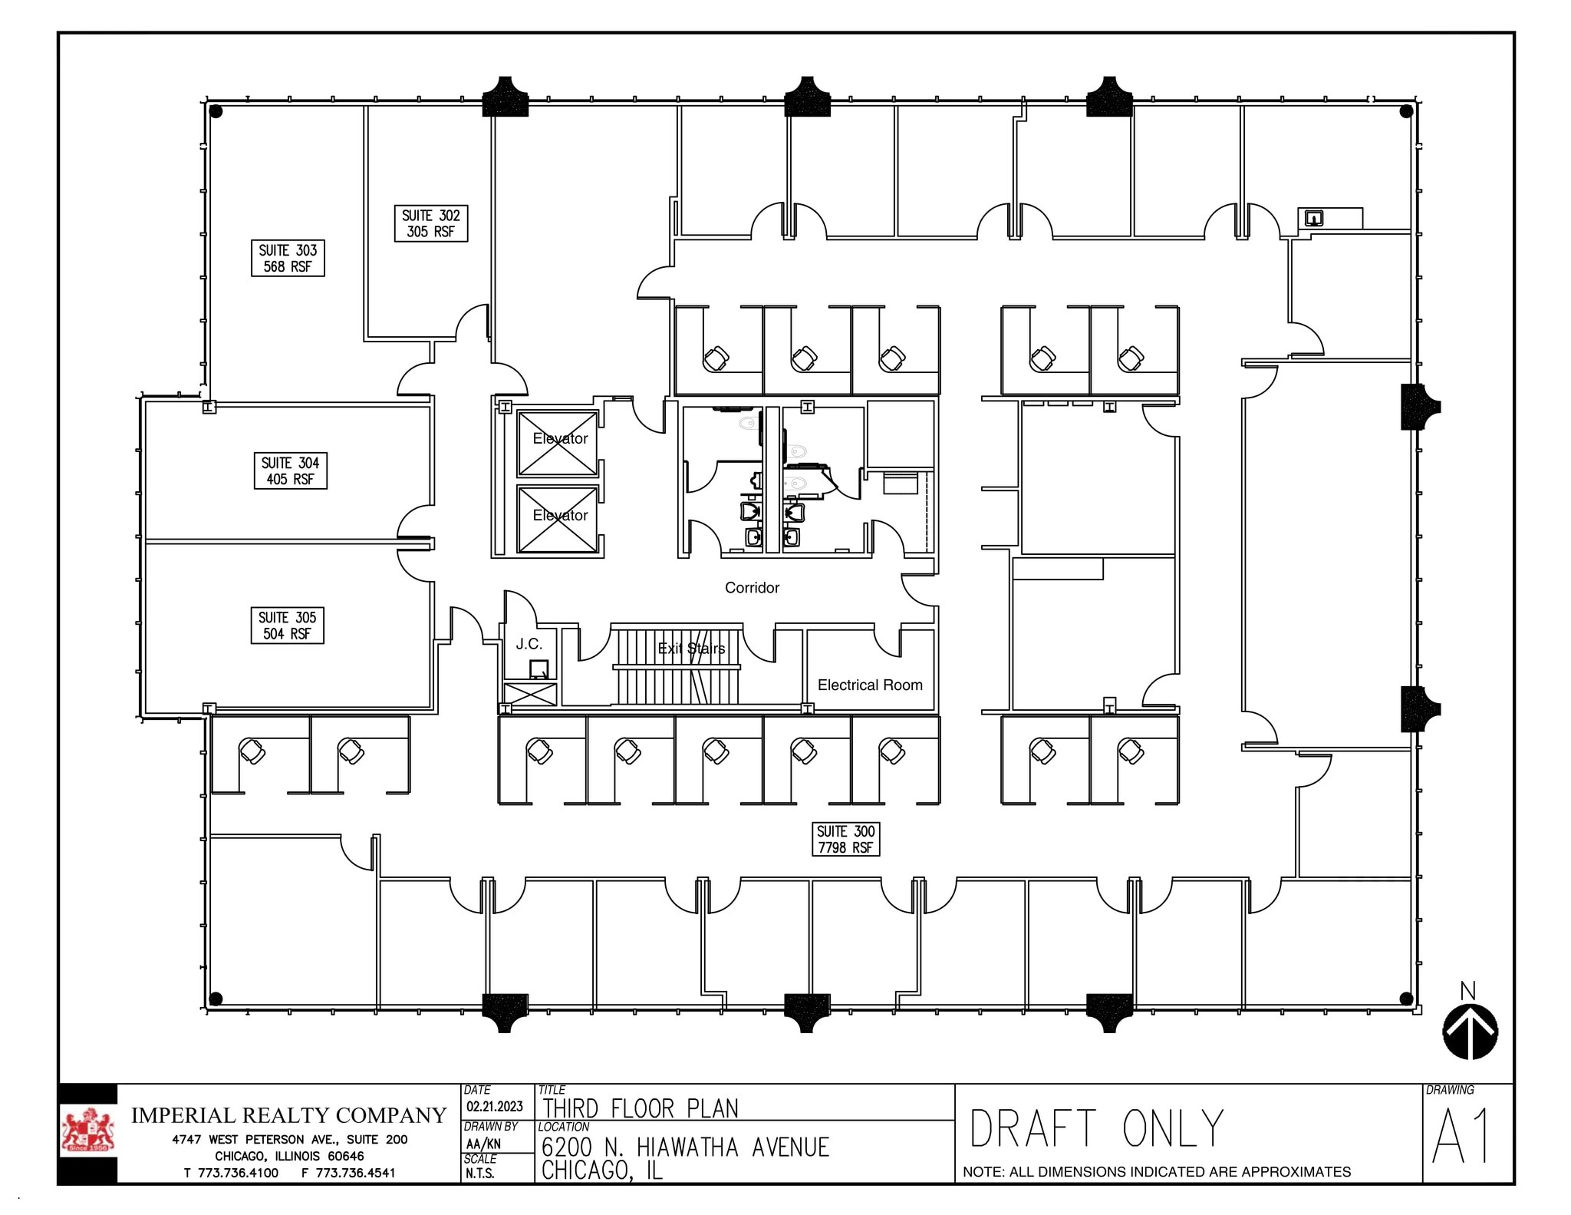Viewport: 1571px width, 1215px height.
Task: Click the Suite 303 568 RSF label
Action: click(288, 258)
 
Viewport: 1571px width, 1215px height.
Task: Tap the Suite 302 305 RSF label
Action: click(431, 223)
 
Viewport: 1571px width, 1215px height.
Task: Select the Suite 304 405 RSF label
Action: click(291, 470)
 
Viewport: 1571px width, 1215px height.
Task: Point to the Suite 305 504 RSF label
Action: click(288, 625)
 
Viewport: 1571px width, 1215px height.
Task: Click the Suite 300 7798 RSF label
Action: click(845, 839)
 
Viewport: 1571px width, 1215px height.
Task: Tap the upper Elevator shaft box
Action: click(558, 443)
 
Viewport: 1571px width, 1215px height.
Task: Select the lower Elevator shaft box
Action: click(558, 519)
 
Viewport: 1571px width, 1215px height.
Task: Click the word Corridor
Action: click(752, 587)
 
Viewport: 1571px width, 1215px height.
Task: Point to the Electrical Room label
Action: click(870, 685)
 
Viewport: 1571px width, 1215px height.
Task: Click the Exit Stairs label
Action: click(691, 649)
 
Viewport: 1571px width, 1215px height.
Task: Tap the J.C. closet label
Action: click(529, 643)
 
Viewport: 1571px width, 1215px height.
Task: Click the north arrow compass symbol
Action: click(1470, 1031)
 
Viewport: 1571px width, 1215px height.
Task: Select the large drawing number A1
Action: click(1461, 1137)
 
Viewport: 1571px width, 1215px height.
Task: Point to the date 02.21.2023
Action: click(495, 1106)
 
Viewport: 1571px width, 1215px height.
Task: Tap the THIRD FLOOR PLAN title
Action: click(641, 1108)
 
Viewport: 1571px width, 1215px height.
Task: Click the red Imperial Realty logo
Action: click(87, 1132)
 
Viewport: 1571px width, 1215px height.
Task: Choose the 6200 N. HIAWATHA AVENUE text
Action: click(685, 1147)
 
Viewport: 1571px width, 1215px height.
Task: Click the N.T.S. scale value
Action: click(480, 1174)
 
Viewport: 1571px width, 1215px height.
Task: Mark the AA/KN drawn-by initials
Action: click(483, 1144)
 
